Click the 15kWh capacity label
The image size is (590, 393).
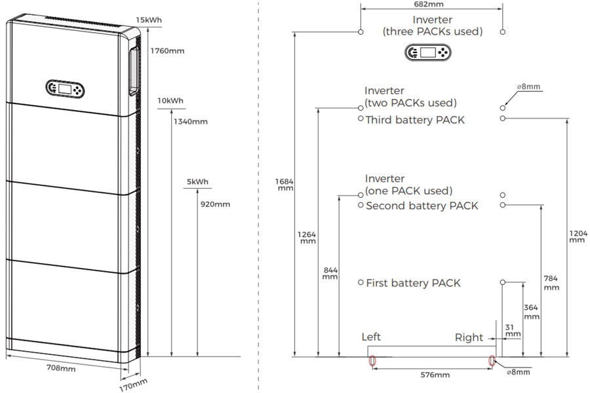tap(149, 20)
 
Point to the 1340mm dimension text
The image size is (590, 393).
tap(190, 121)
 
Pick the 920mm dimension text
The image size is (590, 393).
tap(214, 204)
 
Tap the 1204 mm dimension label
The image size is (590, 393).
tap(577, 236)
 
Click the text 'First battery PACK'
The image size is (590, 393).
tap(413, 283)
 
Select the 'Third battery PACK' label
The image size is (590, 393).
tap(415, 120)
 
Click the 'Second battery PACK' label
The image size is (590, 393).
tap(422, 206)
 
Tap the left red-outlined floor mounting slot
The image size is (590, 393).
tap(372, 360)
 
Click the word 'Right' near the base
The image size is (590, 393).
tap(469, 337)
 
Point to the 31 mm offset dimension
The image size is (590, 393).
tap(513, 329)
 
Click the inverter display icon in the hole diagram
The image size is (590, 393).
tap(427, 53)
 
